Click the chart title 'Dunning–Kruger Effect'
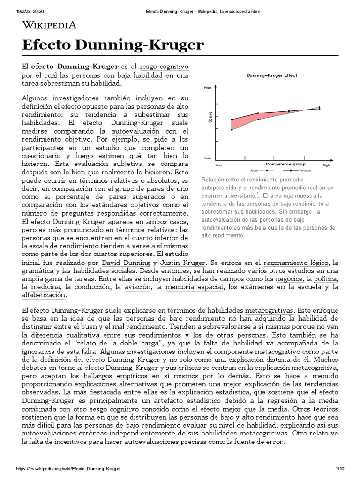click(272, 75)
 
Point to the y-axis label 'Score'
click(210, 117)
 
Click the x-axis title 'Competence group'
click(285, 164)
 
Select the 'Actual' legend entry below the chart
click(256, 171)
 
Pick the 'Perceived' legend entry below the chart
click(293, 171)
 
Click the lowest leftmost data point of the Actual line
click(232, 129)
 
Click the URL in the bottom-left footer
click(68, 469)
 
